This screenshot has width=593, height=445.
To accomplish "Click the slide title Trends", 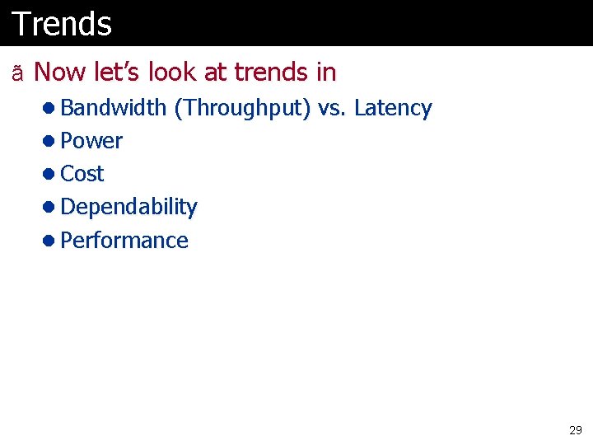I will coord(62,24).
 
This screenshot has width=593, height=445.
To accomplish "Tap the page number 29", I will coord(575,430).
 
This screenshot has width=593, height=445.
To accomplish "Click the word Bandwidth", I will coord(114,108).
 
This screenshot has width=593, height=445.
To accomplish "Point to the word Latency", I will coord(393,108).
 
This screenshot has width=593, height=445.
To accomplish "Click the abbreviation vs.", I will coord(333,108).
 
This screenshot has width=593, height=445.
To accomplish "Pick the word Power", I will coord(91,141).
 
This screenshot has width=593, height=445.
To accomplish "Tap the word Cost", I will coord(82,174).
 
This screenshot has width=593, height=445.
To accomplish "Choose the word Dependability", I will coord(128,207).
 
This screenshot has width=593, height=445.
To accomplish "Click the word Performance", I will coord(124,240).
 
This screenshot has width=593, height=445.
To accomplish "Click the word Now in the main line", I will coord(59,73).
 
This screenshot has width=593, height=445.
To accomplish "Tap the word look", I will coord(172,73).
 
